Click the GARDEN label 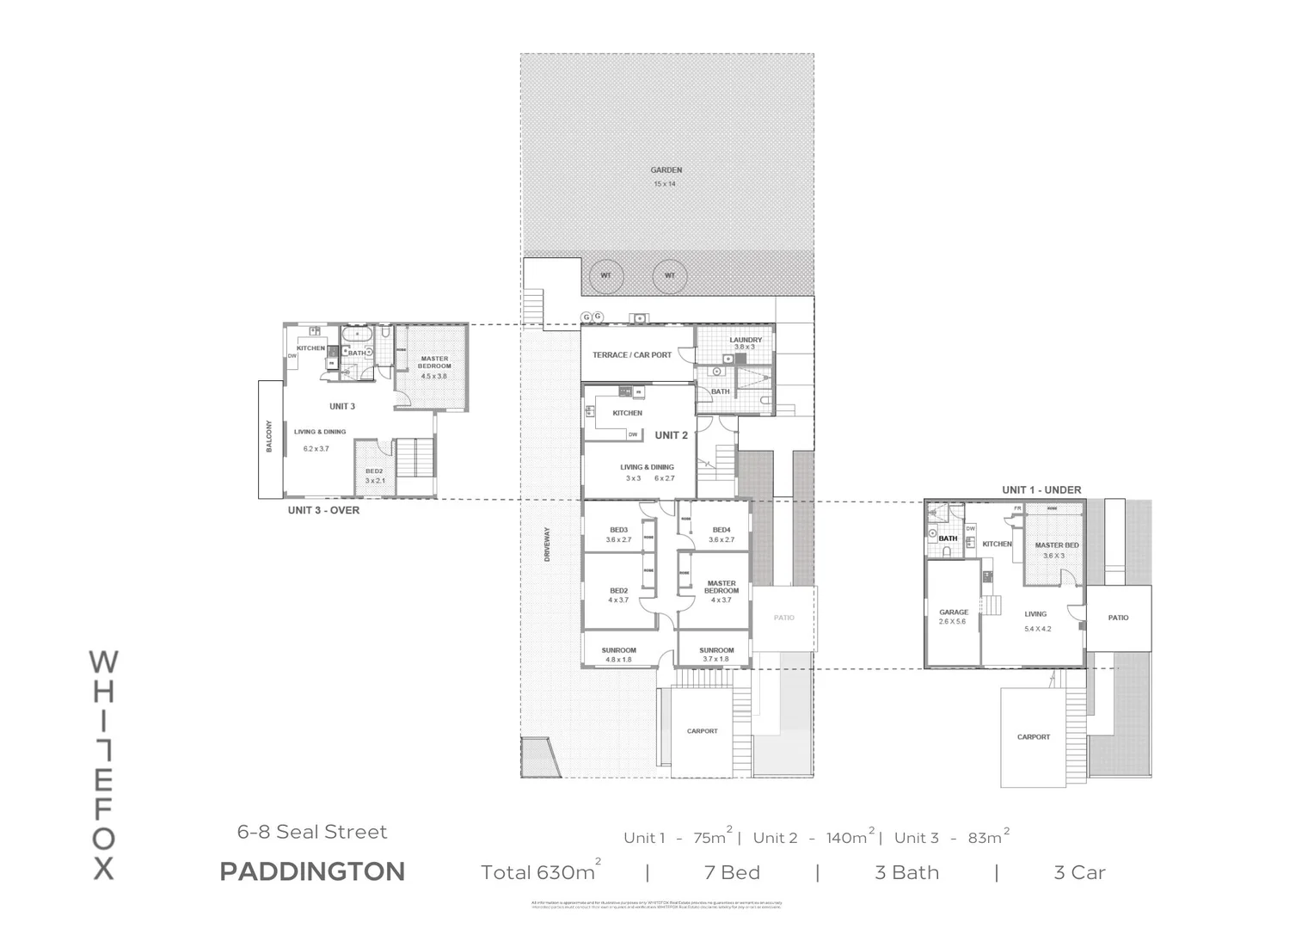coord(666,170)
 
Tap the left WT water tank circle coord(606,276)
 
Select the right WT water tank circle coord(670,276)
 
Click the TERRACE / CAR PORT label coord(632,354)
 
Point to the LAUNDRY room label coord(746,340)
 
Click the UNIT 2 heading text coord(671,435)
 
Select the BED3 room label coord(618,530)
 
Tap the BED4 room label coord(721,530)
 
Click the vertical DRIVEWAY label coord(547,545)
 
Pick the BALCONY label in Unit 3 coord(269,436)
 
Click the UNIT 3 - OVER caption coord(323,510)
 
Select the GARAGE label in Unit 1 coord(954,612)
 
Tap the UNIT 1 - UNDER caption coord(1041,489)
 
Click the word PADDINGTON coord(312,871)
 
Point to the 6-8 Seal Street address coord(312,832)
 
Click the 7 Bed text coord(732,872)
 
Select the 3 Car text coord(1079,872)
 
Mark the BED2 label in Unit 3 coord(374,471)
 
